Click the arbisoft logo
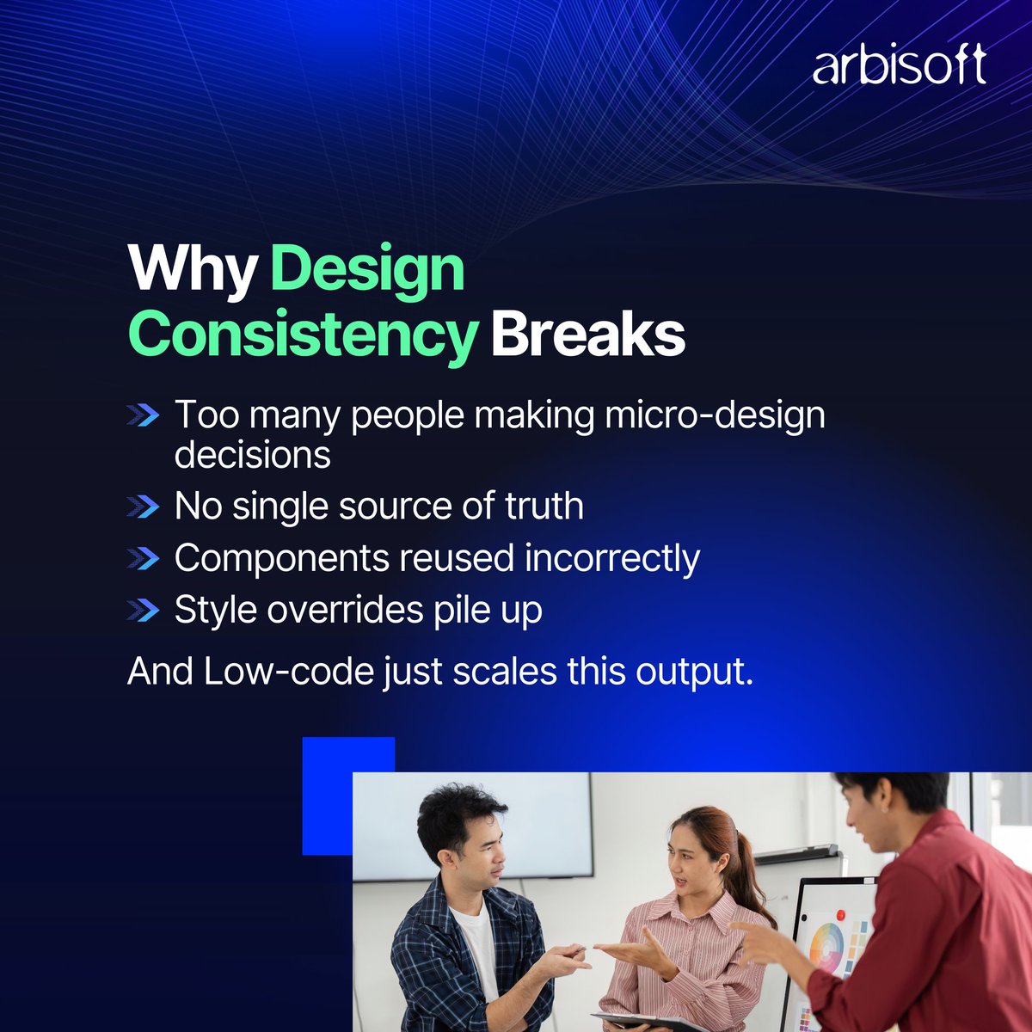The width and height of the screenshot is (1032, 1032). (x=899, y=66)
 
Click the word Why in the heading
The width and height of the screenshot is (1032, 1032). (x=192, y=270)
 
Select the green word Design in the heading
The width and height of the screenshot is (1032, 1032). (x=368, y=270)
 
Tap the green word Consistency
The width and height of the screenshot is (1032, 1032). (x=302, y=335)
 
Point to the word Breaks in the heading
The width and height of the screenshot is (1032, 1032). (x=588, y=335)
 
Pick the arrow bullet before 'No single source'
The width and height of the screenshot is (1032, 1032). (x=143, y=507)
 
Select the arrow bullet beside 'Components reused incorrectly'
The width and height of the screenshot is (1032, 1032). (x=143, y=559)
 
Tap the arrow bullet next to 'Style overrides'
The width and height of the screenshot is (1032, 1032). (x=143, y=611)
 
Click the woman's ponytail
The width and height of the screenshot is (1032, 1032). (x=747, y=869)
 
